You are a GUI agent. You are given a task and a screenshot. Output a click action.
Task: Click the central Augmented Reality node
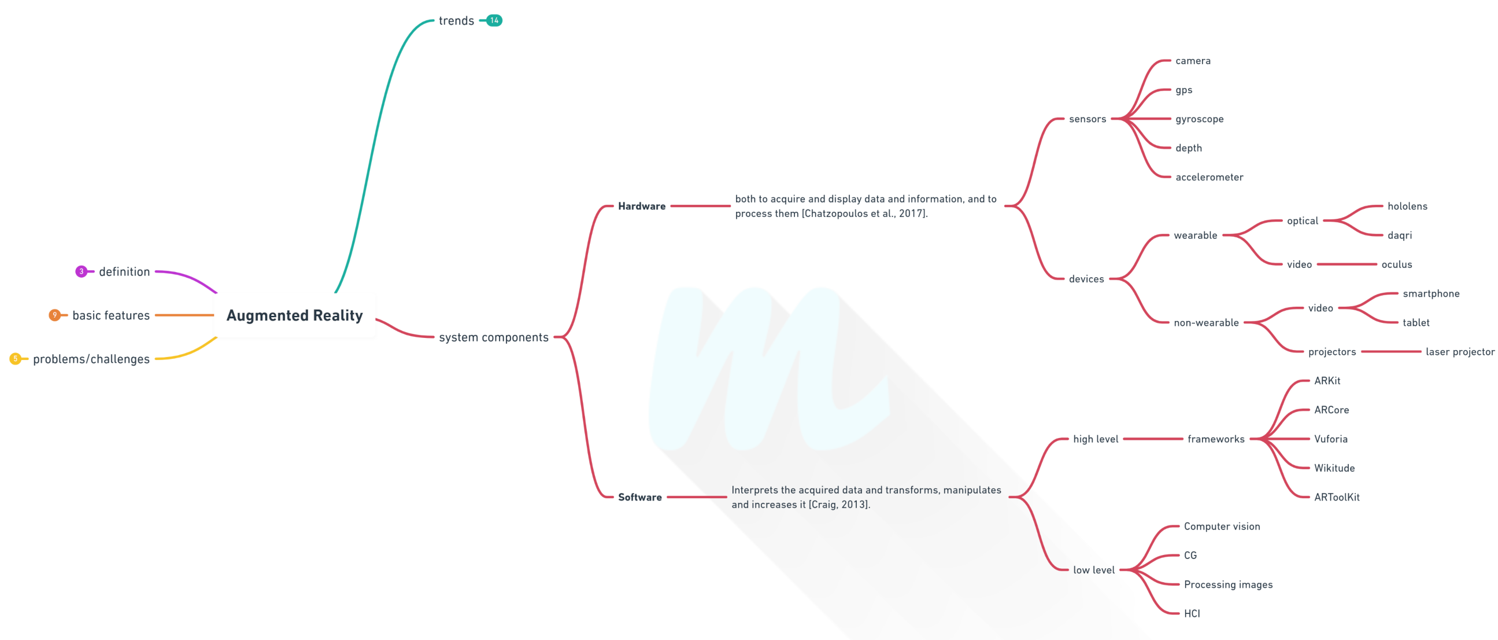click(294, 315)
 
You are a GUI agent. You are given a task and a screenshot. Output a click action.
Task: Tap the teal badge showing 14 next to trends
click(494, 20)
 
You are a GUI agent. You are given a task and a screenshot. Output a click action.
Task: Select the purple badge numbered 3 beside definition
click(82, 271)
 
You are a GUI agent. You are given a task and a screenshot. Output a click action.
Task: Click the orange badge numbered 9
click(55, 315)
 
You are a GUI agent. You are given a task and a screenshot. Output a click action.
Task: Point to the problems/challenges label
click(91, 359)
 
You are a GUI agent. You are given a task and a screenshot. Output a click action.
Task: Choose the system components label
click(493, 337)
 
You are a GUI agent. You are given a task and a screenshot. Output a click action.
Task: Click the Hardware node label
click(641, 206)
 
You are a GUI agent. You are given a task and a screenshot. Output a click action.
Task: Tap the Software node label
click(639, 497)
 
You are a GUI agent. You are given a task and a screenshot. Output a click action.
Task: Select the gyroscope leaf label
click(1199, 119)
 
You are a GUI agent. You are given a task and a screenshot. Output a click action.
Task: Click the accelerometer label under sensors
click(1209, 177)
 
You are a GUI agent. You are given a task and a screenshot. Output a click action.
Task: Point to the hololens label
click(1407, 206)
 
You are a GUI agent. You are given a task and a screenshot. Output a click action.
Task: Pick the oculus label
click(1396, 264)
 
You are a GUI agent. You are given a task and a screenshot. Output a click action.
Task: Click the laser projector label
click(1460, 351)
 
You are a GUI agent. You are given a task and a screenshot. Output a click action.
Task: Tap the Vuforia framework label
click(1330, 439)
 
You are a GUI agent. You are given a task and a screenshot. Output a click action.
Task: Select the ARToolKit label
click(1336, 497)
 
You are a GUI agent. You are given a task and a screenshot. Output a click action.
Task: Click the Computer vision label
click(1222, 526)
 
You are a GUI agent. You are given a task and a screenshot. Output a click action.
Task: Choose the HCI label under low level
click(1192, 613)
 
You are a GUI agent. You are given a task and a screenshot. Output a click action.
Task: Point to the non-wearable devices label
click(1205, 322)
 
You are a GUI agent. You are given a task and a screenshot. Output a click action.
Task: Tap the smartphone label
click(1430, 293)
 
